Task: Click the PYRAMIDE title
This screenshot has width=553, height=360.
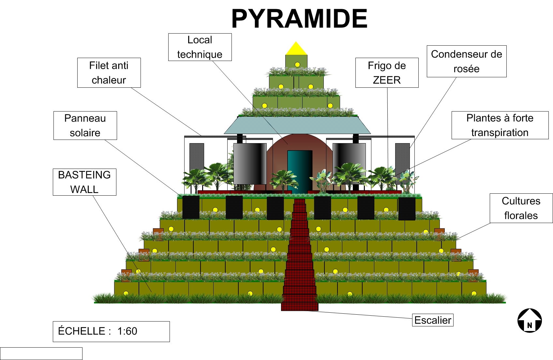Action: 299,19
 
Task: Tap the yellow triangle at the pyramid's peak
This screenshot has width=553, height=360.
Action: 296,49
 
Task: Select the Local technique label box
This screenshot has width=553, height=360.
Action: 200,47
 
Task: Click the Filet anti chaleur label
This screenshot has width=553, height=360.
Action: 109,73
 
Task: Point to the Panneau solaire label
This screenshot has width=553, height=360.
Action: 85,126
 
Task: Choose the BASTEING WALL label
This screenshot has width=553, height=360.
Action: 84,182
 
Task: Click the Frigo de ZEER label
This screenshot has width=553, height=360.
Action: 387,73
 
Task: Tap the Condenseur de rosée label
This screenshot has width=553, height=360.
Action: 467,61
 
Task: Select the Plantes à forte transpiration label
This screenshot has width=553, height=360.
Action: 500,125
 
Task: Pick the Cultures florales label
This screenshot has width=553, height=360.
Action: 521,208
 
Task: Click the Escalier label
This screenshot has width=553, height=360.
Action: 433,320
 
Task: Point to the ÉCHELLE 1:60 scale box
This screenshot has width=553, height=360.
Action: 111,331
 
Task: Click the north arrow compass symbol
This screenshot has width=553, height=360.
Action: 530,321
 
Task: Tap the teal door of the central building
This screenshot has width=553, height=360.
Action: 300,172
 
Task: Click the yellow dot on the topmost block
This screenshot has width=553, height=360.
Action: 297,65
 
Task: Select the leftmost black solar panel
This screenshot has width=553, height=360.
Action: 191,207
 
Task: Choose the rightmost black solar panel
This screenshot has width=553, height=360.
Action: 407,209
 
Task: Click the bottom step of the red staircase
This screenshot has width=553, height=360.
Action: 300,307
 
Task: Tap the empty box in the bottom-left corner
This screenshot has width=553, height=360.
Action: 41,353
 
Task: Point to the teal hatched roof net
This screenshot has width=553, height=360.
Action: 297,125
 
